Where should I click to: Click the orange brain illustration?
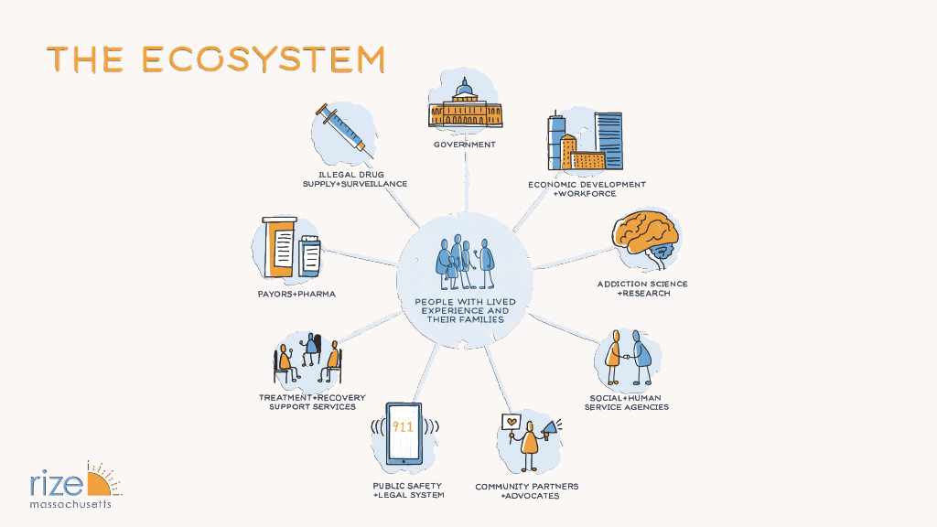[647, 236]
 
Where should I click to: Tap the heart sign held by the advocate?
[512, 424]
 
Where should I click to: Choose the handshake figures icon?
[630, 359]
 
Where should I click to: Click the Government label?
[465, 145]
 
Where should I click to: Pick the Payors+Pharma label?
[296, 295]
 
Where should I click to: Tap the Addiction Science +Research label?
[642, 288]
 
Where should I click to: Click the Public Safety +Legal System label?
[408, 490]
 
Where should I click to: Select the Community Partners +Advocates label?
[526, 490]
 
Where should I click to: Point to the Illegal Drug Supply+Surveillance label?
[355, 178]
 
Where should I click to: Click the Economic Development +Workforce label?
[587, 188]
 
